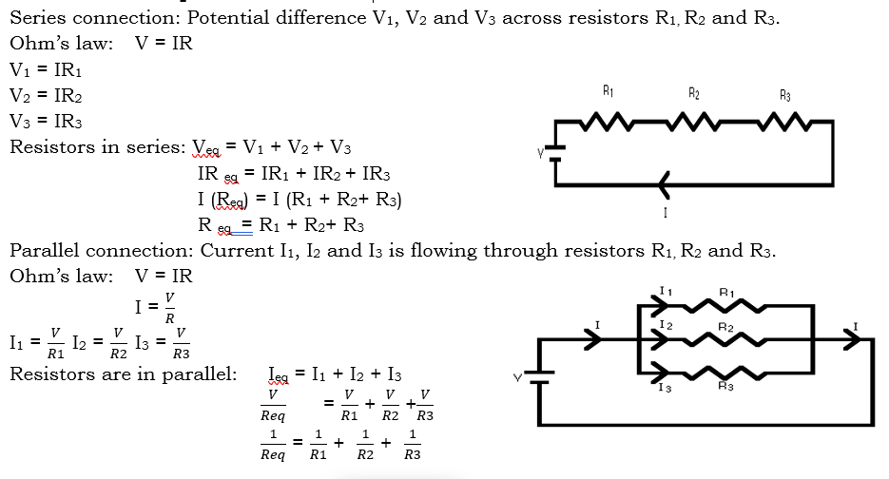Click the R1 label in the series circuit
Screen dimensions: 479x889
(x=609, y=92)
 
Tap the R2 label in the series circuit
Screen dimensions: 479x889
(x=695, y=93)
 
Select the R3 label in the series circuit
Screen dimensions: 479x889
(x=784, y=94)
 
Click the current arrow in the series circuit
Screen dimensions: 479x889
(x=663, y=182)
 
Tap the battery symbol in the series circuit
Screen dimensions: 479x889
(x=555, y=151)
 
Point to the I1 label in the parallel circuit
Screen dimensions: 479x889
(x=666, y=289)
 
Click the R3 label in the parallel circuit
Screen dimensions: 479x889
(x=726, y=386)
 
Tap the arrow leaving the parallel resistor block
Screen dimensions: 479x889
(x=846, y=339)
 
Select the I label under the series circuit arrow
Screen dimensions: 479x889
(x=663, y=212)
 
